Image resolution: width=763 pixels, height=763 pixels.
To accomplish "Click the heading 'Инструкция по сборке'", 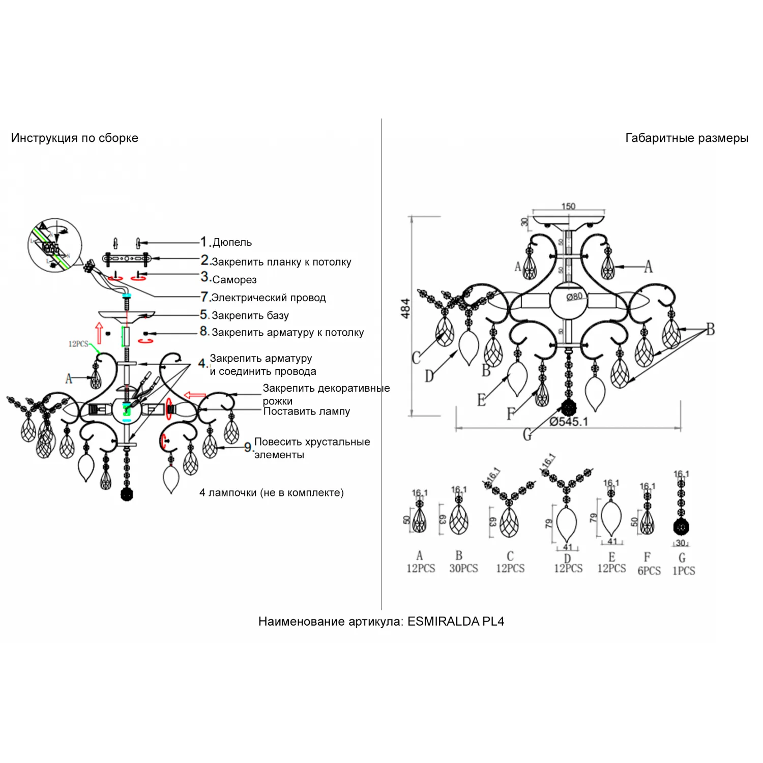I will coord(75,138).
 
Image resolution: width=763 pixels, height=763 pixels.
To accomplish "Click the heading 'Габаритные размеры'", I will coord(686,138).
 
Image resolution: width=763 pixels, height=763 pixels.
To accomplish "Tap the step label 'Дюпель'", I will coord(232,243).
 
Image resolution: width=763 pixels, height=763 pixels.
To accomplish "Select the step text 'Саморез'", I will coord(234,280).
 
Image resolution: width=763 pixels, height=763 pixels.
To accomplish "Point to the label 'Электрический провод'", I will coord(268,298).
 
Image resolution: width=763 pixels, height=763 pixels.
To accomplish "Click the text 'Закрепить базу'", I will coord(250,315).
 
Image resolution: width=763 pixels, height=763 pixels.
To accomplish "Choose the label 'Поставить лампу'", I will coord(306,412).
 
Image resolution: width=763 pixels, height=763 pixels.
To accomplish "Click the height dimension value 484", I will coord(405,308).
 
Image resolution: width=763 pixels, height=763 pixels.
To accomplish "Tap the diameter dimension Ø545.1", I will coord(568,422).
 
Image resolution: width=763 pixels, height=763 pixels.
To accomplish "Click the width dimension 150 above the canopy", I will coord(568,206).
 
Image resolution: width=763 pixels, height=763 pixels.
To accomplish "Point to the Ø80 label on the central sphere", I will coord(574,297).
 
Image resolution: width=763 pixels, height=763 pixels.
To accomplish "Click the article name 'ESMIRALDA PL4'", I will coord(456,621).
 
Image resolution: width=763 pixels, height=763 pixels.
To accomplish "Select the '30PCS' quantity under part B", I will coord(463,569).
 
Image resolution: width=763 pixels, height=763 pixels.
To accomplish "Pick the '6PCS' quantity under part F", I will coord(649,571).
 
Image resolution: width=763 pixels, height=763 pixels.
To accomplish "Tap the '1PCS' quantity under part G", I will coord(684,571).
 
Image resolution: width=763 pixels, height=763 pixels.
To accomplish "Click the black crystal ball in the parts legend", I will coord(681,526).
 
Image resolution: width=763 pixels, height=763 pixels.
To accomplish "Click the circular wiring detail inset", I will coord(54,246).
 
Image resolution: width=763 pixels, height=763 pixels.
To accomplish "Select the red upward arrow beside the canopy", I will coord(99,332).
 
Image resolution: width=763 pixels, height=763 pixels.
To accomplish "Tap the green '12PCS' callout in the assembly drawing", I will coord(78,344).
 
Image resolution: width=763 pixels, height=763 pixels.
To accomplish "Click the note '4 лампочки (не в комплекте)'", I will coord(272,492).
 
